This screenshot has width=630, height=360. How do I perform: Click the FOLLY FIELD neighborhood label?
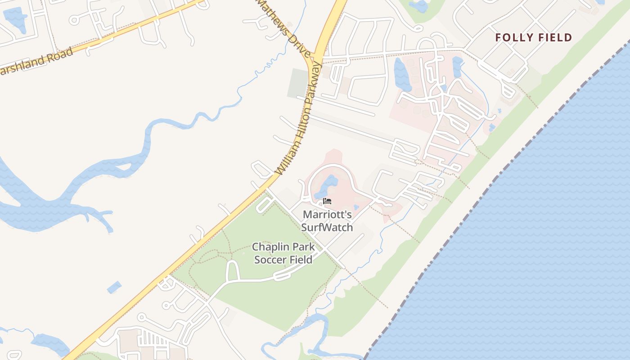pos(533,37)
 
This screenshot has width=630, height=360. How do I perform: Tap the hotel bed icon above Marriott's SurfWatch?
pos(327,201)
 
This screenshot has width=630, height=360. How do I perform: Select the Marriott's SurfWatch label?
pos(327,220)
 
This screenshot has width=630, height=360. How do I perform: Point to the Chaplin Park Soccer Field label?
pos(283,253)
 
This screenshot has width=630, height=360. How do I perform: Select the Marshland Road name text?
pos(36,62)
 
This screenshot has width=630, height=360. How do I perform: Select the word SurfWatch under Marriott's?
pos(327,227)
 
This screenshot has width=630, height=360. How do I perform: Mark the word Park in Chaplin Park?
pos(303,247)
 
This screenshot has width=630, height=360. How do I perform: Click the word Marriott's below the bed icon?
pos(327,215)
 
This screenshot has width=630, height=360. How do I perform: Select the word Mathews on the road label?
pos(275,18)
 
